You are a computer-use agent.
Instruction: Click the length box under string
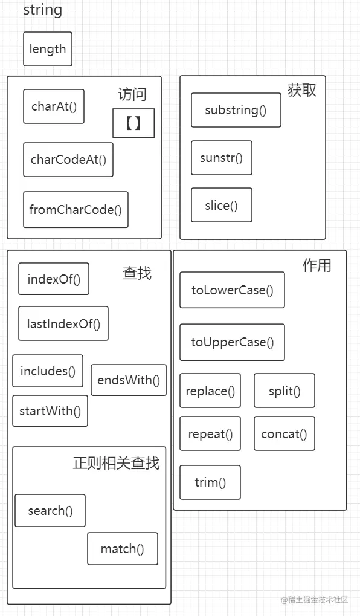coord(48,49)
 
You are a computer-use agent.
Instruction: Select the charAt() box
coord(54,106)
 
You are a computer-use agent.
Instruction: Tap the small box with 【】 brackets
coord(133,123)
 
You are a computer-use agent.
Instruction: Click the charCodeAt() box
coord(68,160)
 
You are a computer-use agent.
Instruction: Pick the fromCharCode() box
coord(76,210)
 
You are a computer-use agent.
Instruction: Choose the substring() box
coord(236,110)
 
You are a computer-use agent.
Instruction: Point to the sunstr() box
coord(221,158)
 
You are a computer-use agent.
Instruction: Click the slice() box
coord(221,205)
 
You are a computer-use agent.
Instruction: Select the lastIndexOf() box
coord(63,323)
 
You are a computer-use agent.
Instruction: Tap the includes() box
coord(48,371)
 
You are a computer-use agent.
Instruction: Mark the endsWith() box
coord(129,380)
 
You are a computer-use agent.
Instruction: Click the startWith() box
coord(50,411)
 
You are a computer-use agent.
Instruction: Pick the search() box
coord(50,511)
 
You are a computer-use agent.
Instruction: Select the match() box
coord(123,549)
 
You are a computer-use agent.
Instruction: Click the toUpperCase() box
coord(233,342)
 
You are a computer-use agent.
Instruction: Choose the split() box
coord(284,391)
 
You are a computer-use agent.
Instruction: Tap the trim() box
coord(210,482)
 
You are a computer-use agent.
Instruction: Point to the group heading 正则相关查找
coord(116,463)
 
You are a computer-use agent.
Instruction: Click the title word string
coord(42,10)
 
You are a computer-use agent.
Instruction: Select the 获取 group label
coord(302,90)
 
